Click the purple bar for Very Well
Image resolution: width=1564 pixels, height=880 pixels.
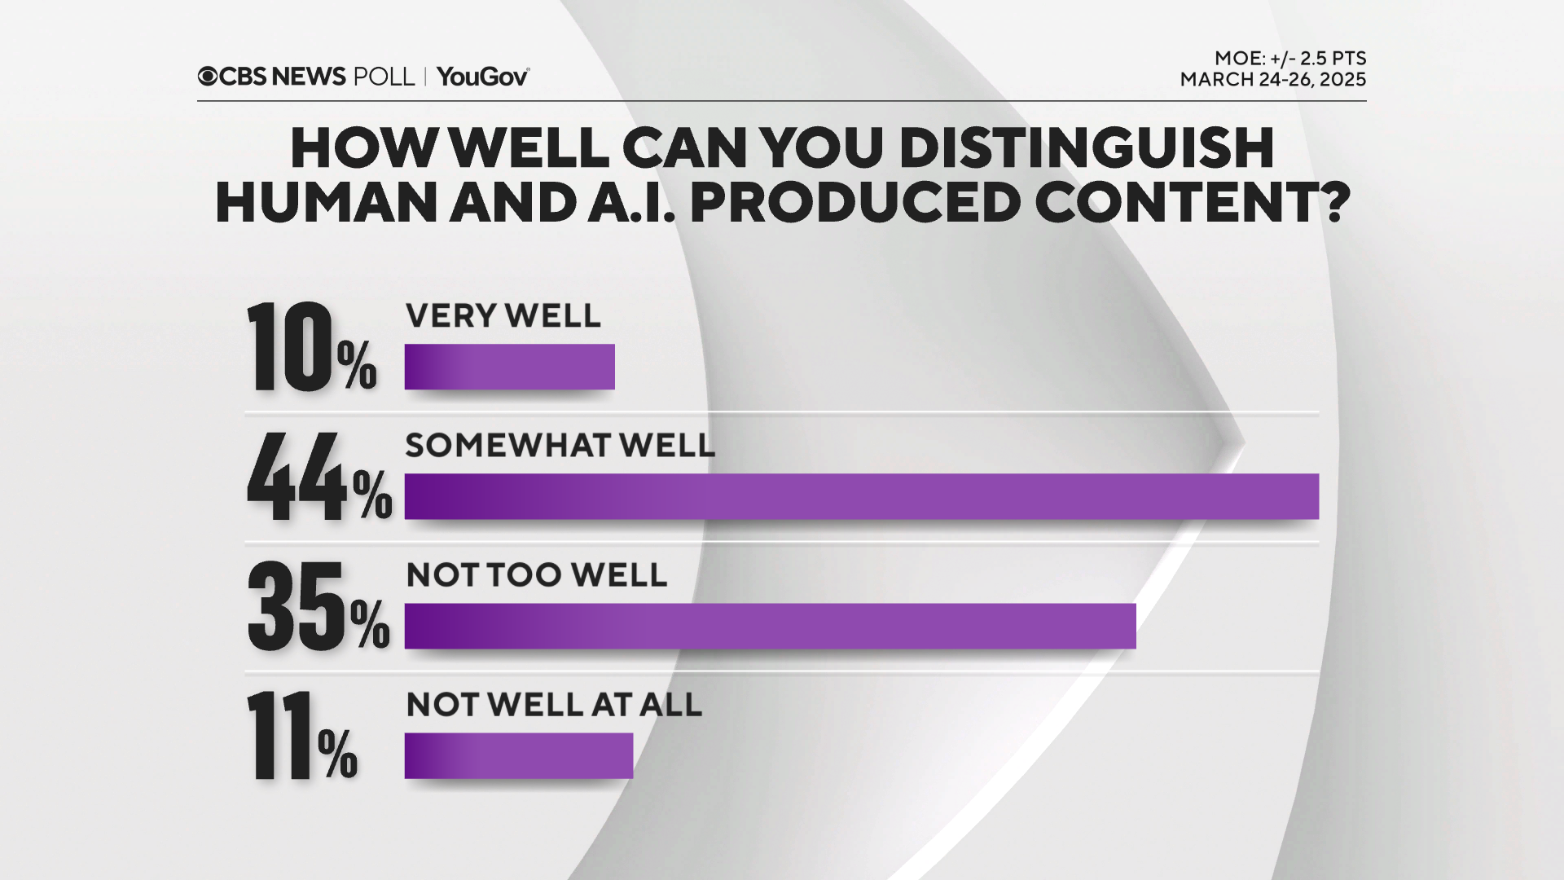[x=510, y=367]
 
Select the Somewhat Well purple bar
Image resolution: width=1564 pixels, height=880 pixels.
[x=862, y=496]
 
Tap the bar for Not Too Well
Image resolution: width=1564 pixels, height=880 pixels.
[x=771, y=626]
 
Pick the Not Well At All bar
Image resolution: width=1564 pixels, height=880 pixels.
[x=519, y=755]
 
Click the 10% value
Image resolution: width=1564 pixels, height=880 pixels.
[x=312, y=347]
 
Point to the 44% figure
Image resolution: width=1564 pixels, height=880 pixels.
[x=319, y=477]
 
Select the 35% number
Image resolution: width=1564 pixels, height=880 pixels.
[x=319, y=606]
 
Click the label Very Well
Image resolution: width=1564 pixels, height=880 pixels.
[x=503, y=316]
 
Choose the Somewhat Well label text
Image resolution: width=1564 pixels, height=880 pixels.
[x=560, y=446]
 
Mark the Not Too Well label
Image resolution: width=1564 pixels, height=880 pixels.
[x=537, y=575]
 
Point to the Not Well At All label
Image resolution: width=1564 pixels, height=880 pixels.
[x=554, y=705]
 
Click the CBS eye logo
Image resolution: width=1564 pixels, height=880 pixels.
[x=208, y=77]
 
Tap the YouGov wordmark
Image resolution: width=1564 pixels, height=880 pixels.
[x=483, y=77]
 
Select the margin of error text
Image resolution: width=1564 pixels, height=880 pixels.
[x=1290, y=59]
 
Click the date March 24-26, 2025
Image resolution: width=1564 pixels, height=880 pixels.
[x=1273, y=80]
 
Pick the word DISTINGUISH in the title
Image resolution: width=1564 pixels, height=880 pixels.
[x=1087, y=147]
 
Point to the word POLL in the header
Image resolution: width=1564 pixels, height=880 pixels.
[x=384, y=77]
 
